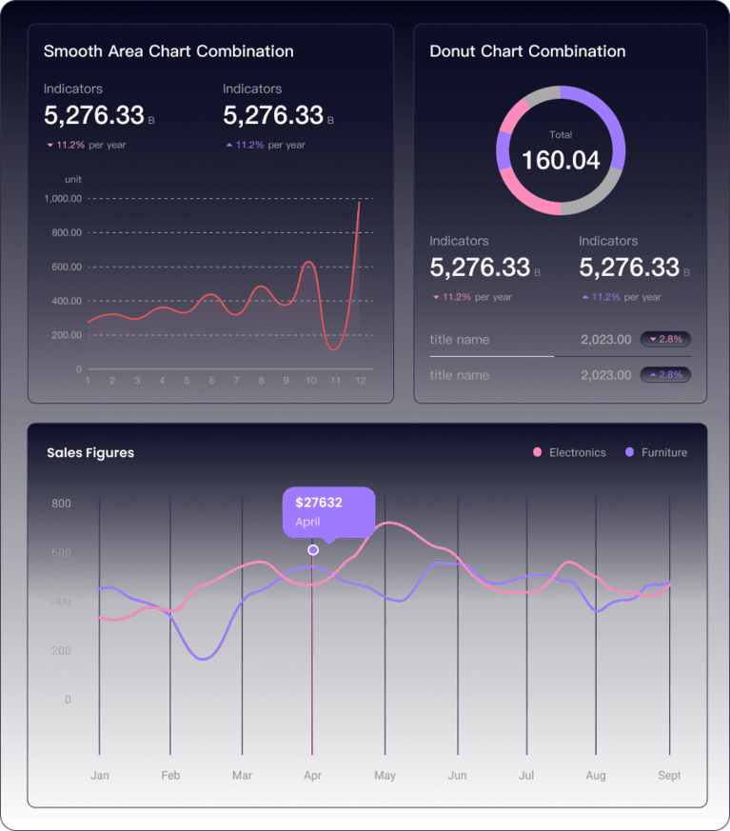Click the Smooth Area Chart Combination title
tap(168, 51)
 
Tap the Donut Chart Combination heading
tap(527, 51)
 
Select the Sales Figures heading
tap(90, 453)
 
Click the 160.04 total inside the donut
tap(562, 160)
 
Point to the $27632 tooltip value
tap(319, 503)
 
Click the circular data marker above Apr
tap(313, 550)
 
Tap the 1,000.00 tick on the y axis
tap(63, 199)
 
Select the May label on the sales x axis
tap(385, 776)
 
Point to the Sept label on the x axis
tap(669, 776)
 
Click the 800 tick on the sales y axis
tap(61, 504)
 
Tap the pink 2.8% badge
tap(665, 339)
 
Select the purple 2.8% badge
tap(665, 375)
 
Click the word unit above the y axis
tap(73, 179)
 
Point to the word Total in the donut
tap(562, 135)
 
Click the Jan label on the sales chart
tap(99, 776)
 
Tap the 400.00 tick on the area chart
tap(63, 301)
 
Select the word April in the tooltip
tap(307, 522)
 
